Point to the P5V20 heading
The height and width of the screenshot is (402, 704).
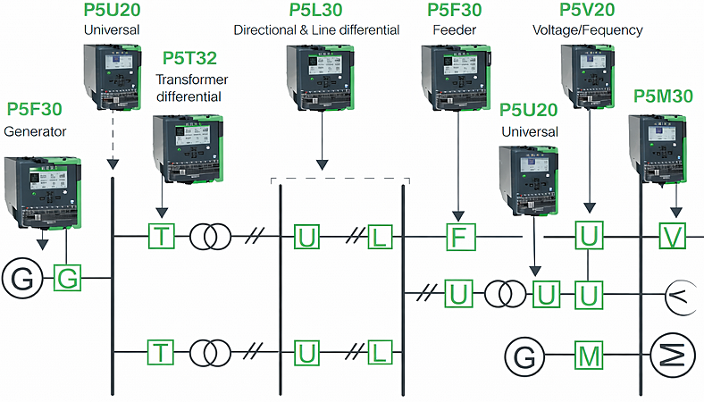point(587,11)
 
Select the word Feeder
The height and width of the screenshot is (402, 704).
point(456,29)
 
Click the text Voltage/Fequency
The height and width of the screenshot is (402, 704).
point(587,29)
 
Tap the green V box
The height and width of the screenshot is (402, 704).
point(672,237)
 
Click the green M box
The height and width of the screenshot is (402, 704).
point(588,357)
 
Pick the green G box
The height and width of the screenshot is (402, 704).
point(68,278)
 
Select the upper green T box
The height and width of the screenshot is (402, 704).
point(161,237)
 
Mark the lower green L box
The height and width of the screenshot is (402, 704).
point(381,353)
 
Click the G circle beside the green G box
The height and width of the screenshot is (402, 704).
point(23,278)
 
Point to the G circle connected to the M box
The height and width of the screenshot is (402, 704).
point(524,357)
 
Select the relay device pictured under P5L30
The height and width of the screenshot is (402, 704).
point(320,85)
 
